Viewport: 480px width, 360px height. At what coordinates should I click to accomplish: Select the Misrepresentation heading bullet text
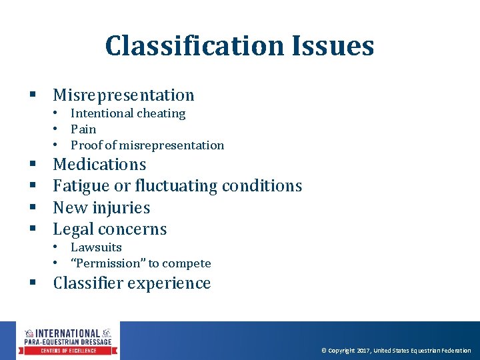(123, 95)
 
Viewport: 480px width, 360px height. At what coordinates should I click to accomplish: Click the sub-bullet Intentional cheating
(128, 113)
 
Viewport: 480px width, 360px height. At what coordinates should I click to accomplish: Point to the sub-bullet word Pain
(83, 129)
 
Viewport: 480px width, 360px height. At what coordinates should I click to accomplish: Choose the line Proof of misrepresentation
(147, 145)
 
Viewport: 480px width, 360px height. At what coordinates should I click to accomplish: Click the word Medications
(99, 165)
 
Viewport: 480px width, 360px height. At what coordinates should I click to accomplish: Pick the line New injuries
(101, 208)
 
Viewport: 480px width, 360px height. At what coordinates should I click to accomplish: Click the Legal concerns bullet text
(110, 229)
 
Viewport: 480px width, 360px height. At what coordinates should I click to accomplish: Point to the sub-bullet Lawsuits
(96, 247)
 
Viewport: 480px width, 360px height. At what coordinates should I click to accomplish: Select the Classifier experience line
(132, 283)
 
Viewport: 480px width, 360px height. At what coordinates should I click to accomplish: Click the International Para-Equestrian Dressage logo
(68, 341)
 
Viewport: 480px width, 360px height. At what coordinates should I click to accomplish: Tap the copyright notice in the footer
(396, 351)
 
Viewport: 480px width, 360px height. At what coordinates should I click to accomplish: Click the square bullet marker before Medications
(32, 165)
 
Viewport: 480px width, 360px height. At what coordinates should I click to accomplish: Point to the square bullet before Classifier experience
(32, 284)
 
